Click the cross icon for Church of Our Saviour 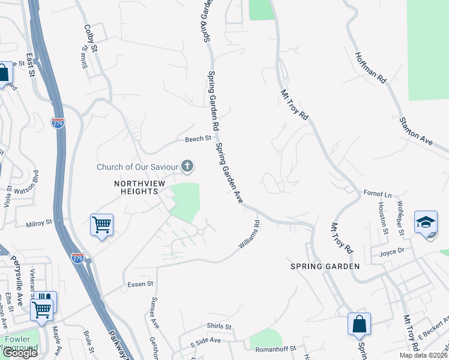tap(188, 166)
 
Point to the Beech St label tap(198, 139)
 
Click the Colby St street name tap(91, 37)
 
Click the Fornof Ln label tap(378, 194)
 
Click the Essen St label tap(140, 283)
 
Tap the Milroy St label tap(40, 224)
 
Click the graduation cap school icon tap(426, 223)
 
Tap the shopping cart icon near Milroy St tap(101, 225)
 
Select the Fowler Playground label tap(22, 343)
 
